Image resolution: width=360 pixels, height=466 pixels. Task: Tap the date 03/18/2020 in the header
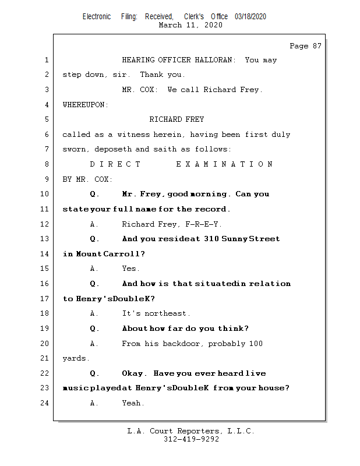coord(250,16)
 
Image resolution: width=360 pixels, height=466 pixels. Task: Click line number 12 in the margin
coord(46,224)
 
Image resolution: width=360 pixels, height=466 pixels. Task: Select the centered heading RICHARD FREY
coord(177,119)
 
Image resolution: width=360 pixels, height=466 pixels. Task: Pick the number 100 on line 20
coord(256,344)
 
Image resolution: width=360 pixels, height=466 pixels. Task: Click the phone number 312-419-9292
coord(191,440)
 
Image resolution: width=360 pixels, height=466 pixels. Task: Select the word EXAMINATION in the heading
coord(224,164)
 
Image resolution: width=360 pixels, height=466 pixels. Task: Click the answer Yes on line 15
coord(130,269)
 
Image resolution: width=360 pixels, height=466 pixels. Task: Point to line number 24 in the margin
coord(46,403)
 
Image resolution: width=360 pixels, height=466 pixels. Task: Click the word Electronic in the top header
coord(97,16)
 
